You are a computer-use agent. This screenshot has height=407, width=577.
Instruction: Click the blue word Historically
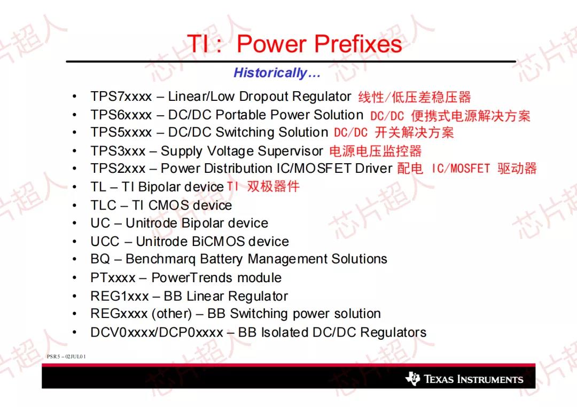(270, 73)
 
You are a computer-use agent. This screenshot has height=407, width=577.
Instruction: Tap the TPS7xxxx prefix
(121, 97)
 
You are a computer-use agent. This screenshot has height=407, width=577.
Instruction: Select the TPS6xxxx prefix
(121, 115)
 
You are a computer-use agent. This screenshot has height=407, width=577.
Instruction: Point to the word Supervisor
(290, 151)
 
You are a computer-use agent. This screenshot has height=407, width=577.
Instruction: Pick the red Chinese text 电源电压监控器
(376, 151)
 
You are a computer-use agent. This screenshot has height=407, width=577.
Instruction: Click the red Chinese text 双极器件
(273, 186)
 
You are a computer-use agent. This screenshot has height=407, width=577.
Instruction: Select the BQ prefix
(100, 259)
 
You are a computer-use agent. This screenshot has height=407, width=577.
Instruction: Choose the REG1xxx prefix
(120, 296)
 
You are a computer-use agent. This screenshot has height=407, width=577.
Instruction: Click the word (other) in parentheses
(172, 314)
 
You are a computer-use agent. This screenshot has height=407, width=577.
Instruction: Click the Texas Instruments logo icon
(412, 378)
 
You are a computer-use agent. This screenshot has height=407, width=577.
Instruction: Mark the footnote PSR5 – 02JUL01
(66, 356)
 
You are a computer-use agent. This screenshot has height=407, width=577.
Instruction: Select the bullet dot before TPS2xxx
(75, 169)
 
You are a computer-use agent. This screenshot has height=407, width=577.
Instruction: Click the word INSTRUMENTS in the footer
(489, 379)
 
